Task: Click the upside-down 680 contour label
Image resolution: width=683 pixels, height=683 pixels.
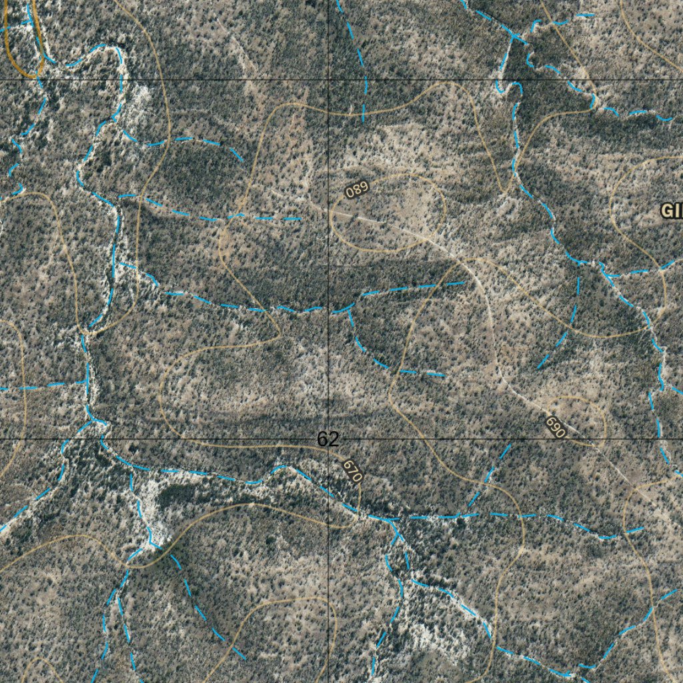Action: [357, 189]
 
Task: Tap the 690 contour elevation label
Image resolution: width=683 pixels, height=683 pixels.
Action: [555, 427]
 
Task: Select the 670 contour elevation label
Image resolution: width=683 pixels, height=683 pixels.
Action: [352, 471]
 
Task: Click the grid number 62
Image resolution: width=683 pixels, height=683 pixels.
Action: [327, 439]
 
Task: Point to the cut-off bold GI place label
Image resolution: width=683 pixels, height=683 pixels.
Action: [671, 211]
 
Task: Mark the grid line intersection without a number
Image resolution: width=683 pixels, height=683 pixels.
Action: [329, 79]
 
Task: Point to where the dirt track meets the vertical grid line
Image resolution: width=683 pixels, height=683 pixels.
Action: [329, 210]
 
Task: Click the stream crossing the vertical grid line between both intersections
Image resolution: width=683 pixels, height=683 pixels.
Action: [329, 309]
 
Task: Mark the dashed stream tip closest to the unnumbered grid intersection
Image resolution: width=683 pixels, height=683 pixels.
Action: [363, 120]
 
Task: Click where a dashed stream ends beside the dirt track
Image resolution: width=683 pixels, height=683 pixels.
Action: [465, 283]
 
